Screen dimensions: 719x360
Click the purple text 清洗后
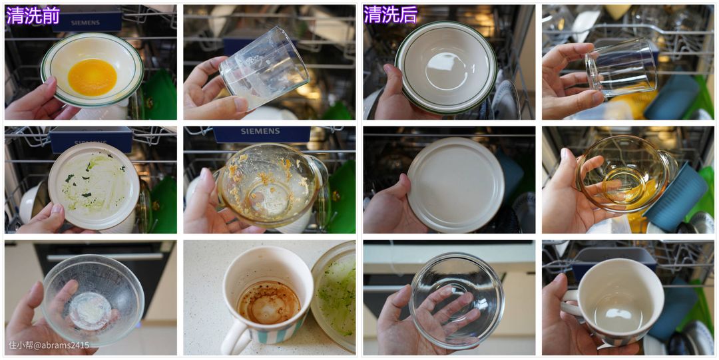click(391, 15)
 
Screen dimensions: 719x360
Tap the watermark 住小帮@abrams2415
click(49, 345)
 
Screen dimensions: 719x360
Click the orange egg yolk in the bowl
click(92, 77)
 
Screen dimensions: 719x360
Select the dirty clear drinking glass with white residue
click(264, 69)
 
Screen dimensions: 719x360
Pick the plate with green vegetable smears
click(94, 185)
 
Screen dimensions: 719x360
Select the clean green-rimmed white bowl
click(445, 68)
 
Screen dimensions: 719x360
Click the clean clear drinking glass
click(622, 67)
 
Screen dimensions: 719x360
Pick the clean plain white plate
click(455, 184)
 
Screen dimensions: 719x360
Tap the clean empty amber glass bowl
click(625, 174)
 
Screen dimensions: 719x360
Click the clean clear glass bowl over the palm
click(456, 298)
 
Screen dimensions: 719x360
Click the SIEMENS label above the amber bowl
click(261, 132)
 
